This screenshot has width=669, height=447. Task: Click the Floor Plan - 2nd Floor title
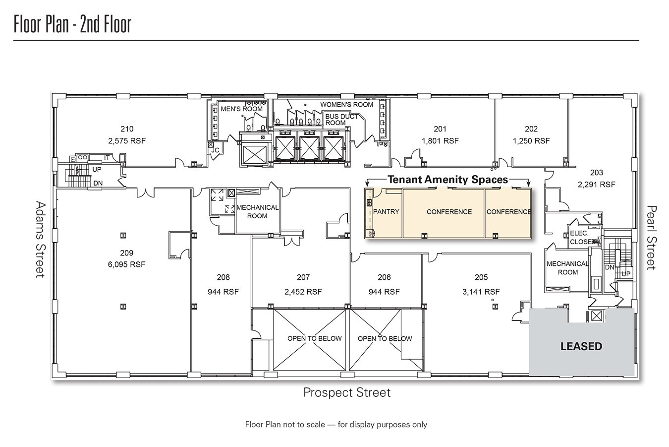point(72,24)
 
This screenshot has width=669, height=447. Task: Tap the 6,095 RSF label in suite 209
point(126,264)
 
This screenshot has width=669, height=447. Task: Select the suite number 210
point(127,129)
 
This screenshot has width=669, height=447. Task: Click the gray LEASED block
point(581,346)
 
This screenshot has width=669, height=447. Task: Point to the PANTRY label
point(386,212)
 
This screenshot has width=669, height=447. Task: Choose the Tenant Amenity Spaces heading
point(447,180)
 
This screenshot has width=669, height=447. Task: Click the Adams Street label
point(40,239)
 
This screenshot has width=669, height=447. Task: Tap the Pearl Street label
point(651,238)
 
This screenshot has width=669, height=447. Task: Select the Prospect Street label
point(347,393)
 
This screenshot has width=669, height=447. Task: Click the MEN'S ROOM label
point(241,109)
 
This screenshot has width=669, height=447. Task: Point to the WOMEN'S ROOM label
point(346,105)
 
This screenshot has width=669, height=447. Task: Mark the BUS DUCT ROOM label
point(341,120)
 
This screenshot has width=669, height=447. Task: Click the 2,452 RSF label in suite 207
point(303,292)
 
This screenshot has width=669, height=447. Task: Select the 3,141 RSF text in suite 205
point(481,292)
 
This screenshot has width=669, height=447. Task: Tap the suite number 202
point(531,129)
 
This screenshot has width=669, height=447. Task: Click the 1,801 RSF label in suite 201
point(440,141)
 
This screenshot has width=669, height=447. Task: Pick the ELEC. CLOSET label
point(580,238)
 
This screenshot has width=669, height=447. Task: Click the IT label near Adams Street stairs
point(107,158)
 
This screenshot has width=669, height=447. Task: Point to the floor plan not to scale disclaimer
point(336,425)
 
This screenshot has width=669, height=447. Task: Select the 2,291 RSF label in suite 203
point(596,185)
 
